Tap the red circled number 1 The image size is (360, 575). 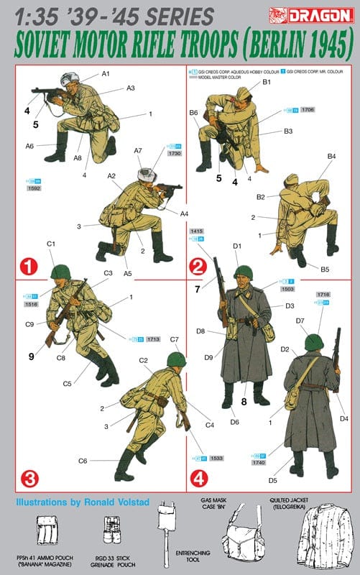click(29, 267)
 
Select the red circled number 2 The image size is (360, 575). click(199, 267)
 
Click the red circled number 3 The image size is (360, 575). click(29, 477)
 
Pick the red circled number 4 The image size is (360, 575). click(199, 477)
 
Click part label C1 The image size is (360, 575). click(51, 244)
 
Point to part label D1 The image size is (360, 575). click(236, 247)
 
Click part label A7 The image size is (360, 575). click(138, 150)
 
